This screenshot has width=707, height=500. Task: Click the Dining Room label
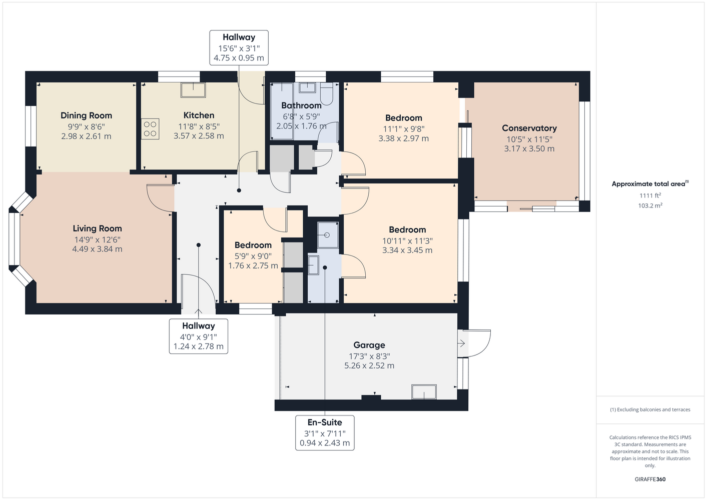(x=86, y=115)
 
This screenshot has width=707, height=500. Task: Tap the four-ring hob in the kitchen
(x=150, y=128)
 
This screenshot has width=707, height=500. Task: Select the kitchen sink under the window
(x=193, y=90)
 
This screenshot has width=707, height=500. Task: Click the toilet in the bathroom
(x=327, y=93)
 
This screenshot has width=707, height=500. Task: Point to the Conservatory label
(x=529, y=128)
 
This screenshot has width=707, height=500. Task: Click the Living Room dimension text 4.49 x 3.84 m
(x=97, y=249)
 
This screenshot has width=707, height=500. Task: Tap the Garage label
(x=369, y=345)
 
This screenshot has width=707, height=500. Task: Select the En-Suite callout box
(x=325, y=432)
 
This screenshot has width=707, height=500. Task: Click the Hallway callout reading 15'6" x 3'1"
(x=239, y=47)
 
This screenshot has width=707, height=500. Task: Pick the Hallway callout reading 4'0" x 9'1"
(x=199, y=336)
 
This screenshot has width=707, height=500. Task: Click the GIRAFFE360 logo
(x=650, y=479)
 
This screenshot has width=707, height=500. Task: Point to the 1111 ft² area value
(x=650, y=195)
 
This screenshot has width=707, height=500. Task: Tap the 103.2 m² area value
(x=650, y=205)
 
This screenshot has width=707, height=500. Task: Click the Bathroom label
(x=301, y=105)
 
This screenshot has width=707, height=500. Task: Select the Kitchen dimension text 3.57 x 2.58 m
(x=199, y=136)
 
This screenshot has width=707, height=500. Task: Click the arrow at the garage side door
(x=461, y=343)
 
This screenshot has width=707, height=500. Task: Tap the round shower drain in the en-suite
(x=327, y=235)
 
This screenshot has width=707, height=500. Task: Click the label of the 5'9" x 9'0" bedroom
(x=253, y=245)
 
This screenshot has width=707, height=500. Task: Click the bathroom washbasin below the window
(x=307, y=87)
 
